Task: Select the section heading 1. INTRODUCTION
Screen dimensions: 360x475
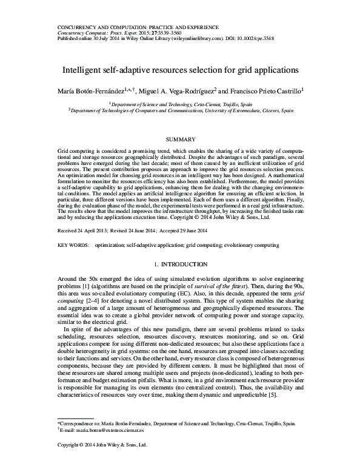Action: coord(180,264)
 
